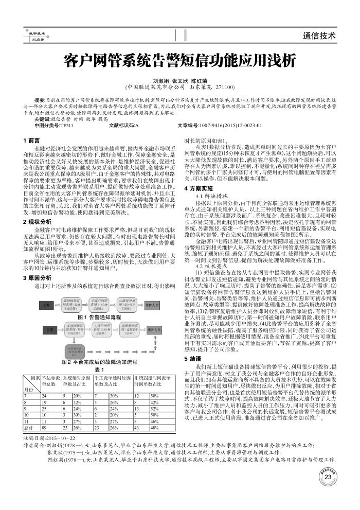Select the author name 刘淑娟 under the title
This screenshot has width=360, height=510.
click(x=160, y=81)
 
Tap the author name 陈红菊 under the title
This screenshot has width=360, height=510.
click(x=199, y=81)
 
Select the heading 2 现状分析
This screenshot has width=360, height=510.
click(x=38, y=206)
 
